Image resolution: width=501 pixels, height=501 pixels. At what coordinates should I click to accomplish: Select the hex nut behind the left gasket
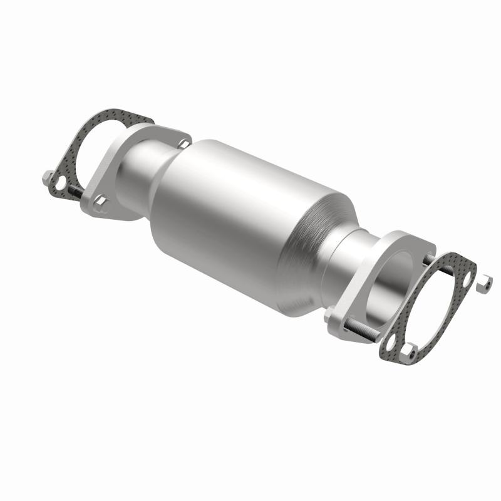point(47,177)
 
